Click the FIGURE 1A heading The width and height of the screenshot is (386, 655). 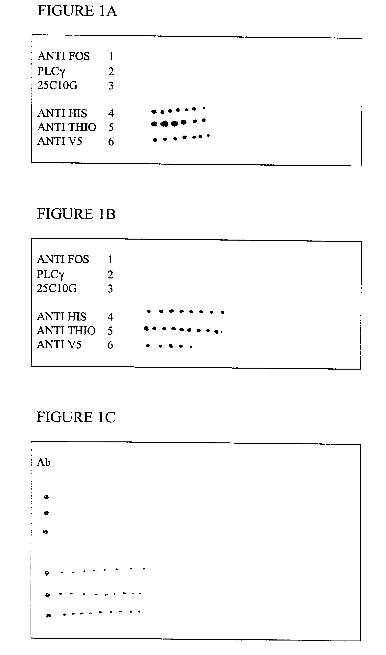[77, 11]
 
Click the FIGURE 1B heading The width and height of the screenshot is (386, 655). [76, 214]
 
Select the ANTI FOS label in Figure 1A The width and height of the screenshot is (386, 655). [64, 56]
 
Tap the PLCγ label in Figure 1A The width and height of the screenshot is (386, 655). [51, 71]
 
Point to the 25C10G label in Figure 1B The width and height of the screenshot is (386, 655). [57, 288]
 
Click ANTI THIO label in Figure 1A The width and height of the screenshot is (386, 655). [67, 127]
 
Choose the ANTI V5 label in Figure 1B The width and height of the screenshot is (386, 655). [59, 345]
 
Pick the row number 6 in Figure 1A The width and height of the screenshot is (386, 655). [111, 142]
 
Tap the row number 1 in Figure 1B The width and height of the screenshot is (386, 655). [110, 259]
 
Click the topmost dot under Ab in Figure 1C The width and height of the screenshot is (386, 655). [46, 497]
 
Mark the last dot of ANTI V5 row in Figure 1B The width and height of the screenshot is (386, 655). [191, 347]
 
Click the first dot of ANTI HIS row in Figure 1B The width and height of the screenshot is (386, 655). [149, 311]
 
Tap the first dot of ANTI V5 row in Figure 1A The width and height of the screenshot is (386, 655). [155, 140]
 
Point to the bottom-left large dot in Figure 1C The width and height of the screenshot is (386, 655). [48, 616]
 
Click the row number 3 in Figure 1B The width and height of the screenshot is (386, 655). [110, 289]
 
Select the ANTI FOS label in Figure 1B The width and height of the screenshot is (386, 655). [63, 259]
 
